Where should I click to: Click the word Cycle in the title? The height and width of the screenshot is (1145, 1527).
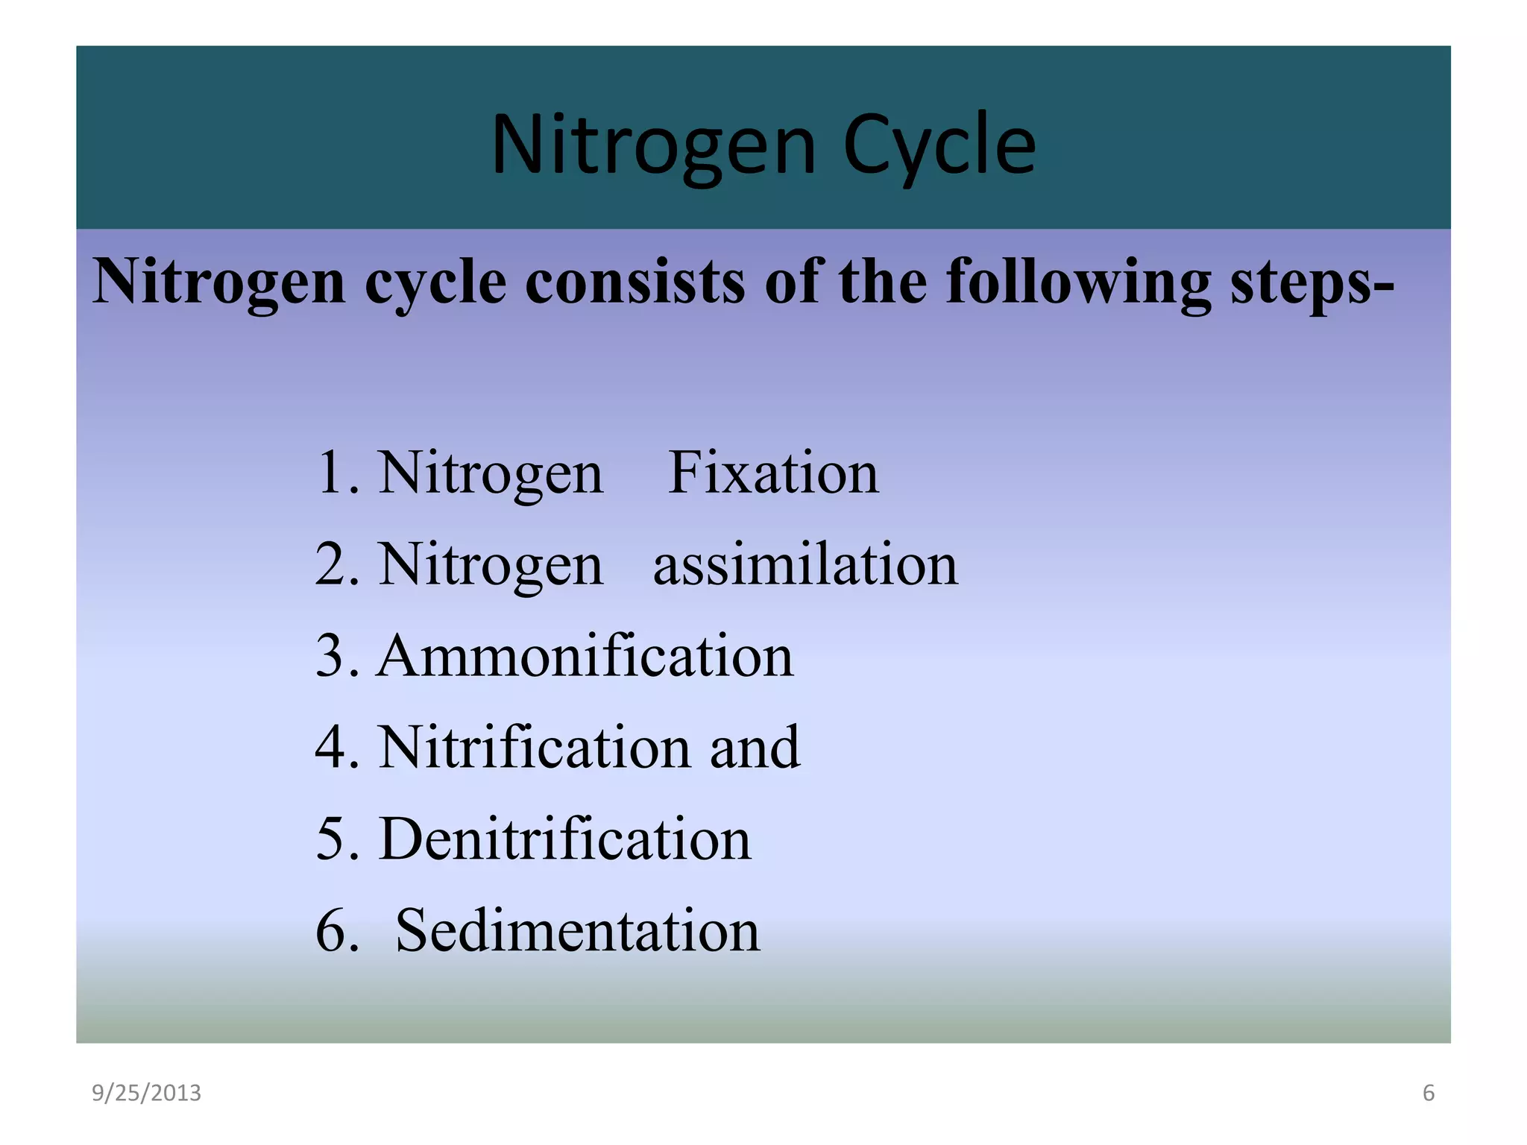tap(939, 145)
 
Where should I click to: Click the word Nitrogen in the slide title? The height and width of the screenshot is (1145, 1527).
tap(654, 145)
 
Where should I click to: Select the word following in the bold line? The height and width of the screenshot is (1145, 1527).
tap(1078, 283)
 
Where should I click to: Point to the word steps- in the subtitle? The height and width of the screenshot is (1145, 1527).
tap(1312, 283)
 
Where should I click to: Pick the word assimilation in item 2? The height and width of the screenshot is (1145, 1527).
tap(805, 564)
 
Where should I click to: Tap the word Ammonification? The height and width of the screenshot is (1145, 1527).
tap(585, 656)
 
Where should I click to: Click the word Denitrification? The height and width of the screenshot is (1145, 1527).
tap(565, 839)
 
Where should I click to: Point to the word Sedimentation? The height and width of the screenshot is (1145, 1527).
tap(577, 930)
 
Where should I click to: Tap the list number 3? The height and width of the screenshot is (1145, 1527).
tap(330, 656)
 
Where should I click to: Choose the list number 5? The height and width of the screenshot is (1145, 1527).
tap(330, 839)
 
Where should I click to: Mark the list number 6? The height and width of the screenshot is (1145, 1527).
tap(330, 930)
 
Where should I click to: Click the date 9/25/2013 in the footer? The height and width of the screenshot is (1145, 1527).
tap(146, 1093)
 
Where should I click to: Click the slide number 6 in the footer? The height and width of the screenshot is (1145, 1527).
tap(1428, 1093)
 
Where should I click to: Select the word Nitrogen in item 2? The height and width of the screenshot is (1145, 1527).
tap(491, 564)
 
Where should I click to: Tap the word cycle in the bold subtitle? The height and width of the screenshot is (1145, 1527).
tap(435, 283)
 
